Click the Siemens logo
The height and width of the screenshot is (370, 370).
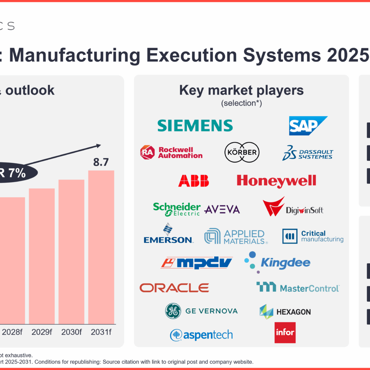[x=195, y=125]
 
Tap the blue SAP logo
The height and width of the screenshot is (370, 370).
[x=307, y=125]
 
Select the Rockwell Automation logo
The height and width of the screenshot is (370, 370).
[x=171, y=152]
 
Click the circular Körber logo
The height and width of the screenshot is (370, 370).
[x=242, y=152]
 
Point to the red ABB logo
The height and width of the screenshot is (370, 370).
[x=193, y=181]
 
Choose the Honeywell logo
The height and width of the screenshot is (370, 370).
[x=276, y=181]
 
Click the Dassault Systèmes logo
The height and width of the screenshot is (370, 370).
[x=307, y=152]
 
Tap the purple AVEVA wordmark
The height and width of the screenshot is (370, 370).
[x=222, y=210]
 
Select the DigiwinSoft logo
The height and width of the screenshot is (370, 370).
[x=293, y=208]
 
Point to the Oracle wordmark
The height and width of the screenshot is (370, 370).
[x=174, y=288]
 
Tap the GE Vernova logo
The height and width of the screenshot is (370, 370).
[x=201, y=311]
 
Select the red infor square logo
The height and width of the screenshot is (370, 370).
[x=285, y=332]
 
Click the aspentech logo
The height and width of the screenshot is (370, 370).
[x=201, y=335]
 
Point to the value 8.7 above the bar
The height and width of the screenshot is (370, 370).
[x=101, y=162]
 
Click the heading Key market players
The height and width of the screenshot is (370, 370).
[x=241, y=90]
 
